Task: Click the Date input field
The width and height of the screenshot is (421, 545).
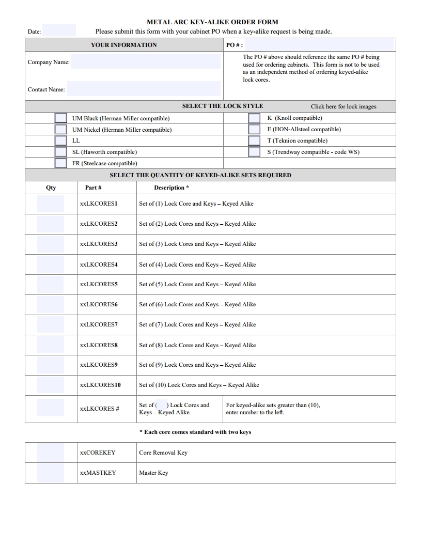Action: coord(59,30)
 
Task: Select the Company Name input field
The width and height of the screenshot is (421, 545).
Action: coord(146,62)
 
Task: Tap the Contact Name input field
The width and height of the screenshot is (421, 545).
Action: coord(144,89)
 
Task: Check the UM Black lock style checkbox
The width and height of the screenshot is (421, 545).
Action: coord(61,118)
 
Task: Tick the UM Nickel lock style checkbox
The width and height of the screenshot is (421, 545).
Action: coord(61,130)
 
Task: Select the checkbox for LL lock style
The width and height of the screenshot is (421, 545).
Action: coord(61,141)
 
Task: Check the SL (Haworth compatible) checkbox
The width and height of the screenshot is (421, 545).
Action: coord(61,152)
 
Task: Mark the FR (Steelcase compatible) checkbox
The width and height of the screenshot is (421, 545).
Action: coord(61,163)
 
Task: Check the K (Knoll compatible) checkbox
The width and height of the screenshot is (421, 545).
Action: coord(254,118)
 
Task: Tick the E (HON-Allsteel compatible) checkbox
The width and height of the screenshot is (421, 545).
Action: coord(254,130)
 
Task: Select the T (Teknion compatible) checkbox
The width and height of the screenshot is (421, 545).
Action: coord(254,141)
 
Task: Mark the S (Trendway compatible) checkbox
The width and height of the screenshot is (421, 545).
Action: coord(254,152)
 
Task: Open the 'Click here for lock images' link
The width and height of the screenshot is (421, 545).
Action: coord(344,106)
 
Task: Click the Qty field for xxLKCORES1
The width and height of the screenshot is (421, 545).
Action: coord(51,204)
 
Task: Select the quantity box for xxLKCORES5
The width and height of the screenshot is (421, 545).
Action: coord(51,284)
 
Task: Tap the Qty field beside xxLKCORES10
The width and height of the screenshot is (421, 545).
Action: coord(51,385)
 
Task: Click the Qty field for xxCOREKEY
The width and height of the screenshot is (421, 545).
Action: coord(51,453)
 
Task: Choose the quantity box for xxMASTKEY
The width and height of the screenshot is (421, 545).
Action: coord(51,473)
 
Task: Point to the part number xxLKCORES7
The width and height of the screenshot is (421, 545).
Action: coord(99,324)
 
